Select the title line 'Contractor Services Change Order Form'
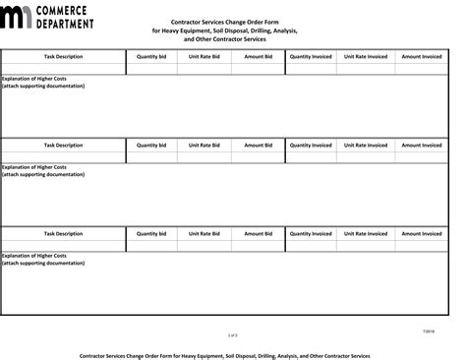pyautogui.click(x=232, y=22)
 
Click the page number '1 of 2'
pyautogui.click(x=232, y=334)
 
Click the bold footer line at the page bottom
pyautogui.click(x=232, y=355)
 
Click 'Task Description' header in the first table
pyautogui.click(x=64, y=57)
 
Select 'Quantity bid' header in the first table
pyautogui.click(x=151, y=57)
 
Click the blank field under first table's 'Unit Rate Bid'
pyautogui.click(x=204, y=69)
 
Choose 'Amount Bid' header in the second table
pyautogui.click(x=258, y=145)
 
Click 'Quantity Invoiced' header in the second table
pyautogui.click(x=311, y=145)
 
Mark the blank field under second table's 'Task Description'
pyautogui.click(x=64, y=157)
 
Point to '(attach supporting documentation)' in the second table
pyautogui.click(x=44, y=174)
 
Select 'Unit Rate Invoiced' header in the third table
pyautogui.click(x=367, y=234)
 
